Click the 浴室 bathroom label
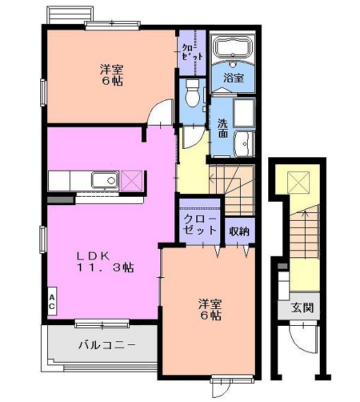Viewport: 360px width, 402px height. pos(234,78)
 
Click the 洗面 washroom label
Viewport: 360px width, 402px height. pos(223,128)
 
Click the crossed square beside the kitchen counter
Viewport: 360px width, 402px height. pos(131,181)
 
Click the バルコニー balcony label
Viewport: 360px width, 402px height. pos(106,346)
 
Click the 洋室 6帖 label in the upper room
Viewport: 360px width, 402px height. pos(111,74)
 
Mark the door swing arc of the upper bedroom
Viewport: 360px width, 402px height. pos(162,111)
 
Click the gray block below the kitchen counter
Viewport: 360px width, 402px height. pos(60,200)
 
